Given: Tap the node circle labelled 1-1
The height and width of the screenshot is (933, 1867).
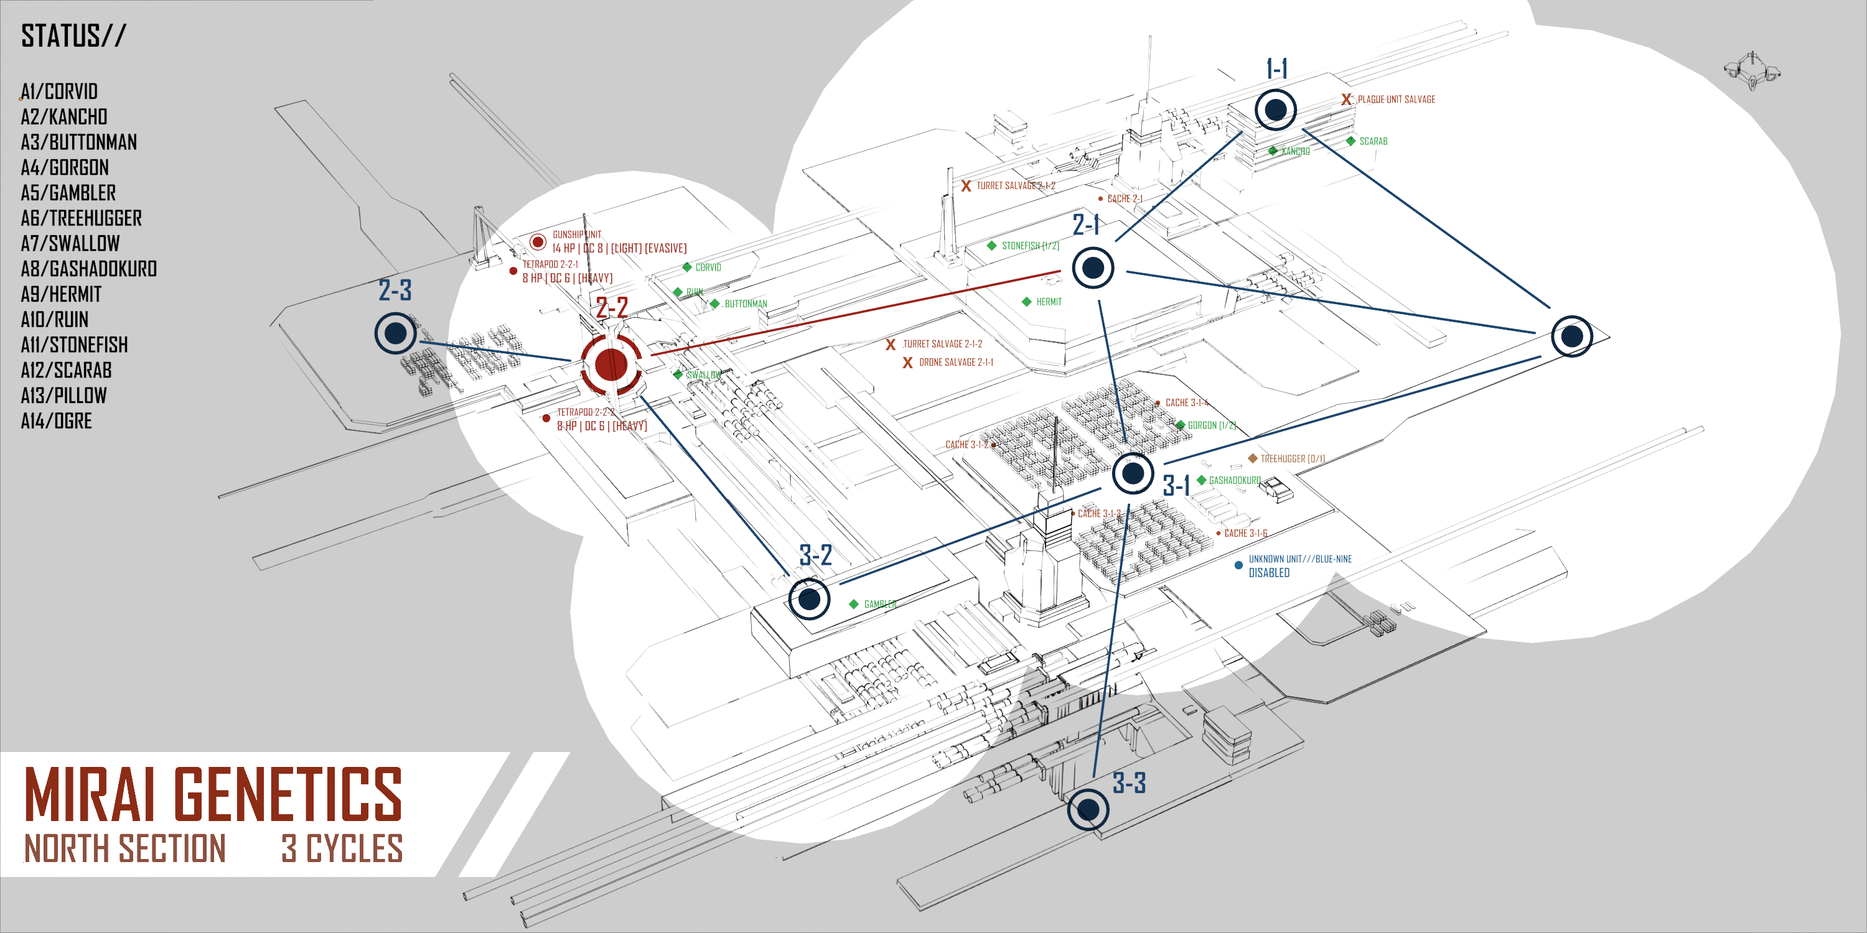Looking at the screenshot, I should click(x=1276, y=109).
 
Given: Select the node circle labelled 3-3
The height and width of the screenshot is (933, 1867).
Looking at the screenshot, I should click(x=1088, y=809).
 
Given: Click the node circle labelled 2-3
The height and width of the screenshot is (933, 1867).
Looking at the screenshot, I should click(x=396, y=333).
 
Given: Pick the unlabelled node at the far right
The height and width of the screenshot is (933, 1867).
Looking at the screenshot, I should click(x=1571, y=336).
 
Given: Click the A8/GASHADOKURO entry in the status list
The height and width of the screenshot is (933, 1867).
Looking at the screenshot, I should click(x=88, y=269).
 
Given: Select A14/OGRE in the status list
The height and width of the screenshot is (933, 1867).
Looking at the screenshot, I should click(x=57, y=421).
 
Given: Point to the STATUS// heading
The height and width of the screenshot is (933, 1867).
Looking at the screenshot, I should click(x=73, y=35).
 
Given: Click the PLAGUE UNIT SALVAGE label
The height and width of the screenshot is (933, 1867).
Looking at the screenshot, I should click(x=1396, y=100).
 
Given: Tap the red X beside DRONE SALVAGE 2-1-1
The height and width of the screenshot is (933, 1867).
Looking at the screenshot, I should click(x=907, y=362).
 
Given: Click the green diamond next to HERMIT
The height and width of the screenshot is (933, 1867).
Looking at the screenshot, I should click(x=1026, y=301).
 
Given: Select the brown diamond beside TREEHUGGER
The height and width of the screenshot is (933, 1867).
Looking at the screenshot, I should click(x=1252, y=458).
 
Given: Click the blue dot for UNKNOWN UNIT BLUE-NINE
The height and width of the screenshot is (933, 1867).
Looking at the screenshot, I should click(x=1238, y=565).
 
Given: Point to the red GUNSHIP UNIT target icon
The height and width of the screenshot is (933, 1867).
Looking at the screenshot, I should click(x=538, y=242).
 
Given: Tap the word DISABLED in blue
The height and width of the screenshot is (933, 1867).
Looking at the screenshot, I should click(x=1269, y=573).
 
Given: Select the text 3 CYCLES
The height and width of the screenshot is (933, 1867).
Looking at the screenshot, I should click(x=342, y=848).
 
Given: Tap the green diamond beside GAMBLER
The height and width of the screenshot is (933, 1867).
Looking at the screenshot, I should click(x=854, y=604).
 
